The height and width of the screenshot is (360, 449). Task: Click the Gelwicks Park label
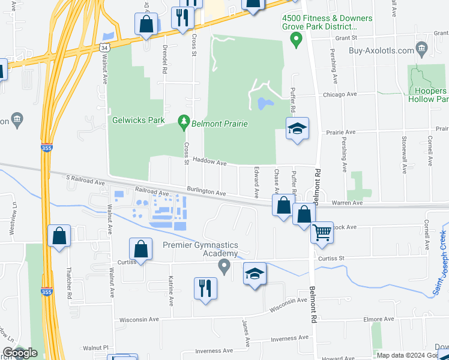(138, 120)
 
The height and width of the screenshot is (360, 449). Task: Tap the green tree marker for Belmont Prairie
(184, 124)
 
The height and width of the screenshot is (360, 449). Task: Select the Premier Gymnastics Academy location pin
(225, 266)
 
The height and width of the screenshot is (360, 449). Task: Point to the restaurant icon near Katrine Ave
(205, 287)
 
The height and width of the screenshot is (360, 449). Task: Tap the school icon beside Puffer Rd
(297, 129)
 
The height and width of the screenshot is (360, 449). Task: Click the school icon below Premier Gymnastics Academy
(255, 274)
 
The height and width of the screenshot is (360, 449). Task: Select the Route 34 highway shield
(106, 47)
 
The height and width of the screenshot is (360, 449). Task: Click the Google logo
(20, 353)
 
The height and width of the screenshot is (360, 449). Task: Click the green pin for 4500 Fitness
(295, 40)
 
